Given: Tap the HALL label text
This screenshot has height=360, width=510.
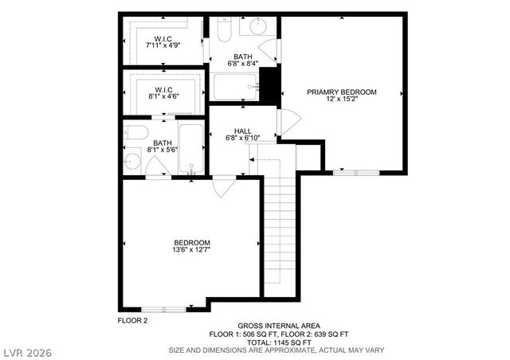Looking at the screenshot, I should [x=243, y=131].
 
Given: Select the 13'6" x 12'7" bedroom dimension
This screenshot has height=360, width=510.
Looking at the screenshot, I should [x=191, y=249].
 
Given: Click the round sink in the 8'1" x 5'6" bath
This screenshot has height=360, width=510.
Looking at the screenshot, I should [x=132, y=162].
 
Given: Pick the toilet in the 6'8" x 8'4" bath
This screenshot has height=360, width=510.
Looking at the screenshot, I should [x=224, y=29].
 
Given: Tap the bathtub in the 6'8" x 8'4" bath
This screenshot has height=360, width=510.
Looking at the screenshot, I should [x=235, y=85].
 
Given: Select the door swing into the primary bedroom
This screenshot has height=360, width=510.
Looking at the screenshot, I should [x=287, y=123].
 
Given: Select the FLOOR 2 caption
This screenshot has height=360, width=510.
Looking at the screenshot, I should [x=132, y=320].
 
